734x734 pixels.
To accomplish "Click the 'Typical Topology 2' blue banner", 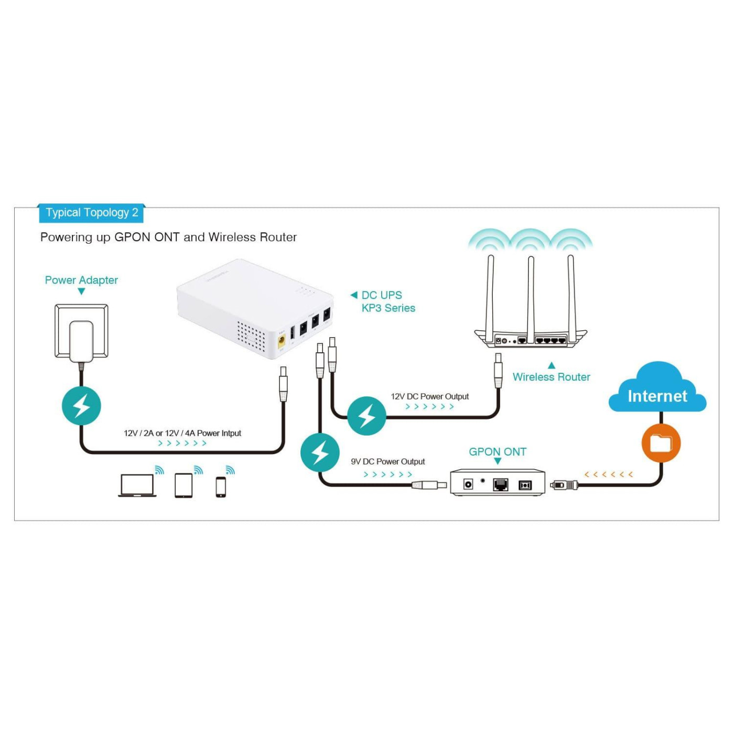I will click(91, 213).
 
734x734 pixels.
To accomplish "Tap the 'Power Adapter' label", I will click(81, 280).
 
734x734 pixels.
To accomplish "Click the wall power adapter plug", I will click(81, 340).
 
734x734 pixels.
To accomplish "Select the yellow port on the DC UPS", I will click(282, 342).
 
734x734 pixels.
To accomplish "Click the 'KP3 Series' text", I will click(388, 308).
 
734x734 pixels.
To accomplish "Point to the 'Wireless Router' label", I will click(551, 377).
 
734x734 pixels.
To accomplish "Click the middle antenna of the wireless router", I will click(531, 299).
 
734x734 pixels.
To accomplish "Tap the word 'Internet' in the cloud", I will click(657, 396).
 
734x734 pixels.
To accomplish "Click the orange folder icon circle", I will click(661, 444).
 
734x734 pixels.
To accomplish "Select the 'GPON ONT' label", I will click(497, 452).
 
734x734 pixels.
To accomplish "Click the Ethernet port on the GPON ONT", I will click(501, 485).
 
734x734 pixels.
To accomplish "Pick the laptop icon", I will click(137, 485).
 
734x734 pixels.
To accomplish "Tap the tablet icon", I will click(183, 485).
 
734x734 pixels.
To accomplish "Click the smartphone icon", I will click(221, 487).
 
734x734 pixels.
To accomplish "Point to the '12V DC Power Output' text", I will click(429, 397).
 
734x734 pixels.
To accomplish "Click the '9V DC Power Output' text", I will click(387, 462).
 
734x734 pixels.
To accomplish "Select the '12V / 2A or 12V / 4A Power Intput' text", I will click(182, 434).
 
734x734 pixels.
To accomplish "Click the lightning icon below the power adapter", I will click(81, 406).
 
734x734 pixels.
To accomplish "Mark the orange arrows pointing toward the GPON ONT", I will click(608, 474).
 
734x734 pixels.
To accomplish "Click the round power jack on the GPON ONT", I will click(468, 484).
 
